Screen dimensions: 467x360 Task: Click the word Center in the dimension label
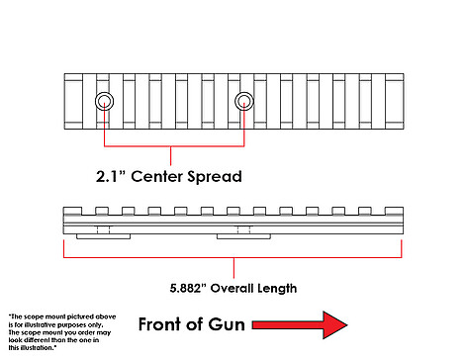coord(157,176)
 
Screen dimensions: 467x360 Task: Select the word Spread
coord(215,177)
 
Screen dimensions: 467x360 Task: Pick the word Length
coord(277,289)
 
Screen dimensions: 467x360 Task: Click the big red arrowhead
coord(334,325)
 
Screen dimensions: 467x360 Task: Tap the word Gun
coord(227,324)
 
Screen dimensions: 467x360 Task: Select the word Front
coord(160,324)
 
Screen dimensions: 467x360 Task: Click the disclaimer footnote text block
coord(62,332)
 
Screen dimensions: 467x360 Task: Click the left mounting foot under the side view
coord(103,236)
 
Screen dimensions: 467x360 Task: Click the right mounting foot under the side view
coord(243,236)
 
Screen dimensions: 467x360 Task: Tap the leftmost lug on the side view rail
coord(72,211)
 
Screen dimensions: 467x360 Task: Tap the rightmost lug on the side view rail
coord(394,211)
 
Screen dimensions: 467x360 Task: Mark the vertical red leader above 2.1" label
coord(170,155)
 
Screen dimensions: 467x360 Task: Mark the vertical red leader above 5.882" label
coord(233,268)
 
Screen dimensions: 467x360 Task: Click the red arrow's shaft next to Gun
coord(288,325)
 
